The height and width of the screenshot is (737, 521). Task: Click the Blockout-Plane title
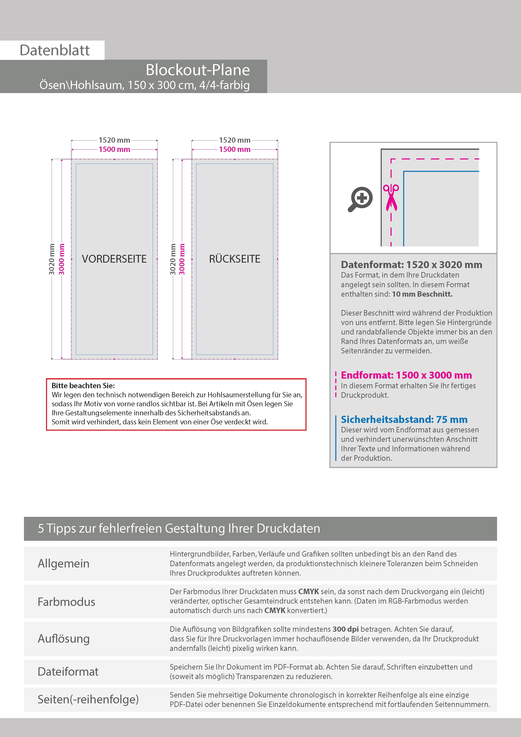tap(197, 70)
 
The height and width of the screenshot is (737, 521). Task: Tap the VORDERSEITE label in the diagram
tap(114, 259)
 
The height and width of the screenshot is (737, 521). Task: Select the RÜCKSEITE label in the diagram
tap(235, 259)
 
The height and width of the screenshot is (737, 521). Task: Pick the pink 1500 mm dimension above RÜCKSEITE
tap(235, 149)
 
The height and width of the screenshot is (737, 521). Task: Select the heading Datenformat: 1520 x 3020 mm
tap(411, 265)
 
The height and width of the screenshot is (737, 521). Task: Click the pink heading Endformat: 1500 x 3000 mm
tap(406, 375)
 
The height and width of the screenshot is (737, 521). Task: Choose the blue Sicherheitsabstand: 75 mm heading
tap(404, 419)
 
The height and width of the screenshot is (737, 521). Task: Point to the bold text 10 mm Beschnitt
tap(422, 294)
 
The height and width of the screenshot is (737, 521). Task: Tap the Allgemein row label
tap(64, 563)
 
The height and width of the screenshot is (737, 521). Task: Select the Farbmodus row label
tap(66, 601)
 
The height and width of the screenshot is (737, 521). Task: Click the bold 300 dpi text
tap(345, 629)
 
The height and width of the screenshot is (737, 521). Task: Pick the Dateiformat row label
tap(68, 671)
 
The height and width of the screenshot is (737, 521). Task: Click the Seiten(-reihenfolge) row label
tap(88, 699)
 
